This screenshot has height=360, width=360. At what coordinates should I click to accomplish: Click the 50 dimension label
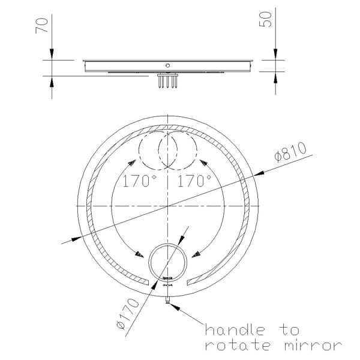pyautogui.click(x=267, y=18)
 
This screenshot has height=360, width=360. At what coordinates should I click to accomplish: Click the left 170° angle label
pyautogui.click(x=140, y=181)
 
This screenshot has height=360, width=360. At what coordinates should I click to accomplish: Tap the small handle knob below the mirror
pyautogui.click(x=169, y=301)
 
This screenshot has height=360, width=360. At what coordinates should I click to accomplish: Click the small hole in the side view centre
pyautogui.click(x=168, y=65)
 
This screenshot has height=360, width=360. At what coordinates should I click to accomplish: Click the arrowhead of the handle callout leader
pyautogui.click(x=175, y=305)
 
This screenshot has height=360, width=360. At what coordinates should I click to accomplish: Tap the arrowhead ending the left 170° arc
pyautogui.click(x=141, y=254)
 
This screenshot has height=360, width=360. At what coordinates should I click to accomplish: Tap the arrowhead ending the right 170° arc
pyautogui.click(x=194, y=254)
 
